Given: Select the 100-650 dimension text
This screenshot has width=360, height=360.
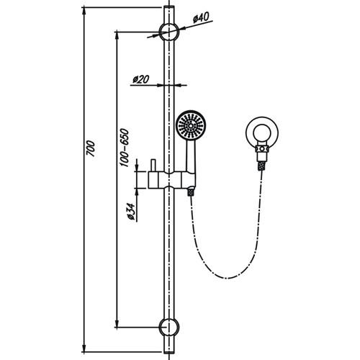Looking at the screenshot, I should tap(124, 150).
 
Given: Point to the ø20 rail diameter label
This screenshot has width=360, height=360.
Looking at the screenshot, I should tap(141, 80).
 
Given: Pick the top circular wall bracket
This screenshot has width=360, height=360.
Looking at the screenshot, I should tap(169, 32).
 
